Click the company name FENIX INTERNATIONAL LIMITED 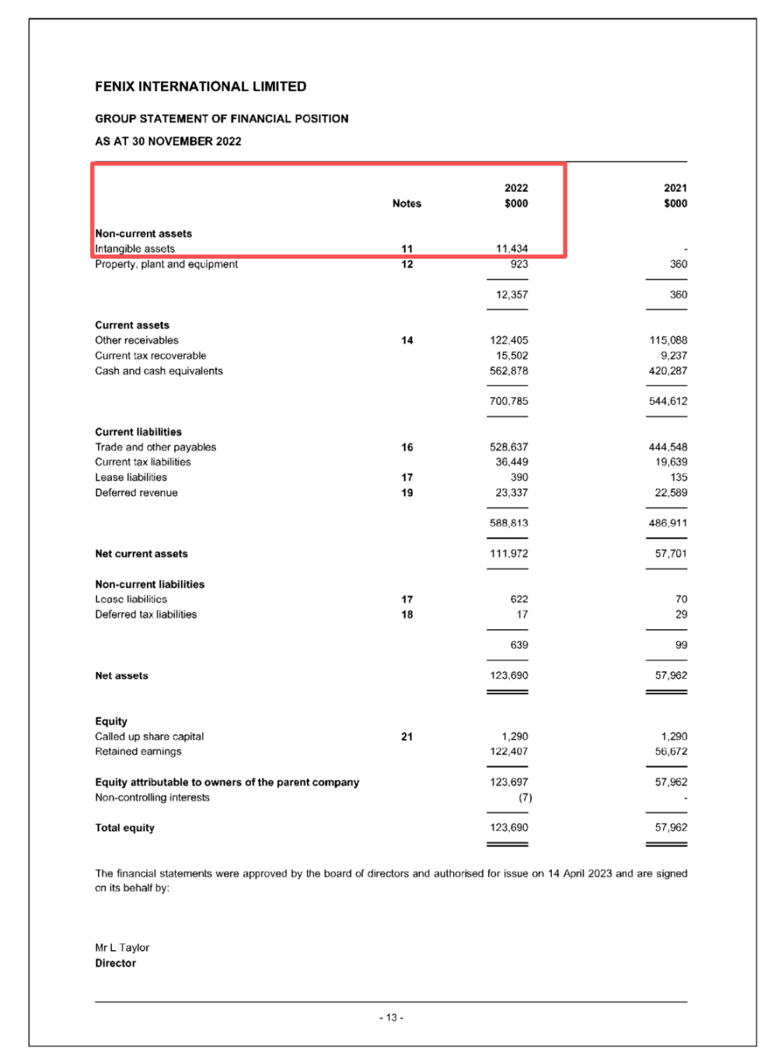point(201,86)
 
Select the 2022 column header point(516,188)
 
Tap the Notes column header point(407,204)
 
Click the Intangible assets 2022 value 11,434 point(511,249)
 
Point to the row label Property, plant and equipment point(166,264)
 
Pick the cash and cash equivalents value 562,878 point(508,371)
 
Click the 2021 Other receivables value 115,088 point(668,340)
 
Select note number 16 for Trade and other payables point(407,447)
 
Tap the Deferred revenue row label point(136,493)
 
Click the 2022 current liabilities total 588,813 point(508,523)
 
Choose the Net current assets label point(141,554)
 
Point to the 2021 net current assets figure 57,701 point(671,554)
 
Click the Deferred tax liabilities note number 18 point(407,615)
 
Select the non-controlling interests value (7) point(525,798)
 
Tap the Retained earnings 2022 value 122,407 point(508,751)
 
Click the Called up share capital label point(149,736)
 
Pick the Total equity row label point(124,828)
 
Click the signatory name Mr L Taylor point(122,948)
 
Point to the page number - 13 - point(391,1018)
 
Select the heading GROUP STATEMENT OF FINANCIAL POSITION point(222,119)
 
